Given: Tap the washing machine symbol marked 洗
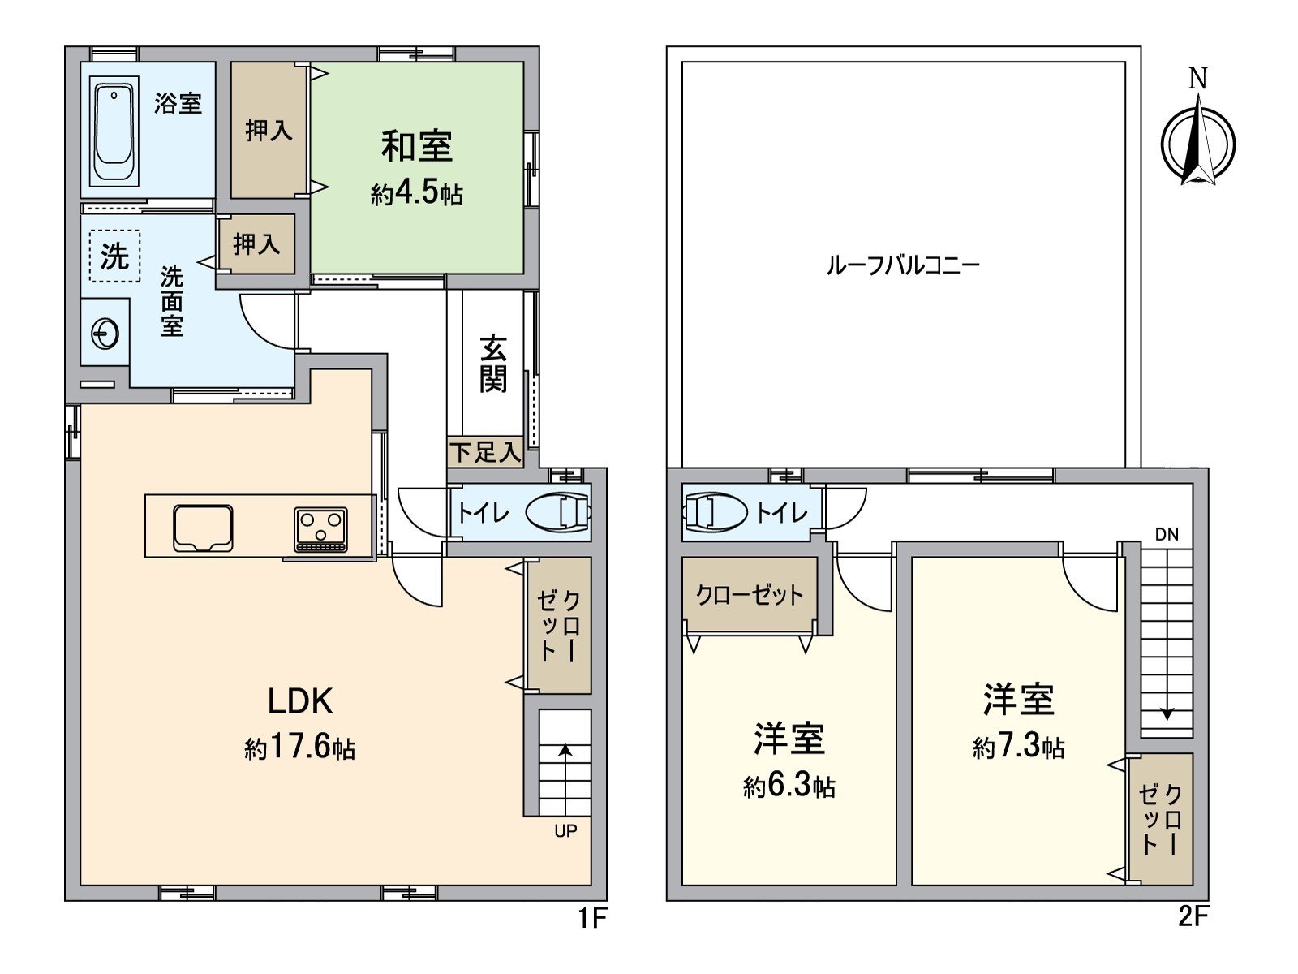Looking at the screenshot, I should [114, 256].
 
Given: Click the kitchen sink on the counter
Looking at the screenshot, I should [203, 528].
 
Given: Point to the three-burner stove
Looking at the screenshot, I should [321, 529].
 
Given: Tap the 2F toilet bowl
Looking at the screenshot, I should [714, 513].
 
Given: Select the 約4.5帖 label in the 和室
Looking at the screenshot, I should [417, 194].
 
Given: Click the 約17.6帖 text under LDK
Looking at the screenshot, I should [299, 748].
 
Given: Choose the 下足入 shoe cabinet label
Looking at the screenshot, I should [484, 452].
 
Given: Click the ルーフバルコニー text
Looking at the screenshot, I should [903, 265].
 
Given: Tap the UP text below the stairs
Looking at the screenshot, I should [565, 831].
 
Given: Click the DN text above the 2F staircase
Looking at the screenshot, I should [1167, 534].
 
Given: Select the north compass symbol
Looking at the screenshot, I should [1197, 142].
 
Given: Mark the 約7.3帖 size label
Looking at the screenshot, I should [1018, 746].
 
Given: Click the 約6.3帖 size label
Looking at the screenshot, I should [789, 786].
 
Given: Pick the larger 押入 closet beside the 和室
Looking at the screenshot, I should [269, 130].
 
